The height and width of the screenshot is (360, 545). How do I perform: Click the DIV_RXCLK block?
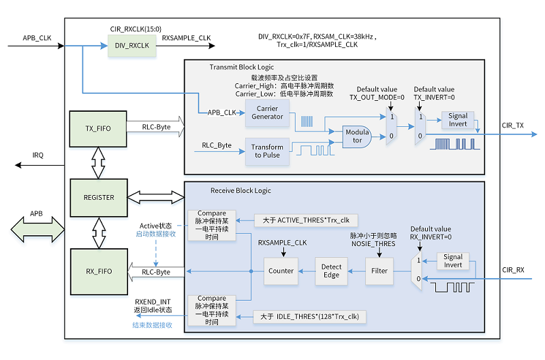(131, 46)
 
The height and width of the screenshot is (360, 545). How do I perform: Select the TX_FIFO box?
(98, 129)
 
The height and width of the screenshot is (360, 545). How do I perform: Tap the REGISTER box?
(99, 198)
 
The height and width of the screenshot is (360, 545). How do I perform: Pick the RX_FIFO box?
(99, 271)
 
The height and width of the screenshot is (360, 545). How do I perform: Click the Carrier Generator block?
(267, 112)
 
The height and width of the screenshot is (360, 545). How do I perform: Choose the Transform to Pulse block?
(267, 151)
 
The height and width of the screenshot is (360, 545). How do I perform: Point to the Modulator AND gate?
(356, 136)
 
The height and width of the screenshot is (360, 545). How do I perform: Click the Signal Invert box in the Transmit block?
(458, 119)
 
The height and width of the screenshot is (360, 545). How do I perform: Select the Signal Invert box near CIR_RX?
(453, 261)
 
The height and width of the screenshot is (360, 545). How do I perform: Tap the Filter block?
(379, 271)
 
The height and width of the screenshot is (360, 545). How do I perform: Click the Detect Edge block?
(331, 271)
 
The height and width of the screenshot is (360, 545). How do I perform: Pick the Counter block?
(281, 271)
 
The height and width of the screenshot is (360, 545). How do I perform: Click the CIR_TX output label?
(513, 125)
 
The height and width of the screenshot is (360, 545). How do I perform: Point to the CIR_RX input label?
(513, 270)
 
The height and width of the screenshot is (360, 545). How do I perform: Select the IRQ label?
(38, 155)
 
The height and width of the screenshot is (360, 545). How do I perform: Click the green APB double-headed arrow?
(37, 230)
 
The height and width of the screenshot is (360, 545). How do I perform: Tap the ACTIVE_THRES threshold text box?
(306, 220)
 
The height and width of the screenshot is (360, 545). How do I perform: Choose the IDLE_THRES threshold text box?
(309, 317)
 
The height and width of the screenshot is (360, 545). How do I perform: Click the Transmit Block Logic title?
(242, 67)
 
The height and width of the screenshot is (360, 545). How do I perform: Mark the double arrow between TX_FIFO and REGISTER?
(98, 163)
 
